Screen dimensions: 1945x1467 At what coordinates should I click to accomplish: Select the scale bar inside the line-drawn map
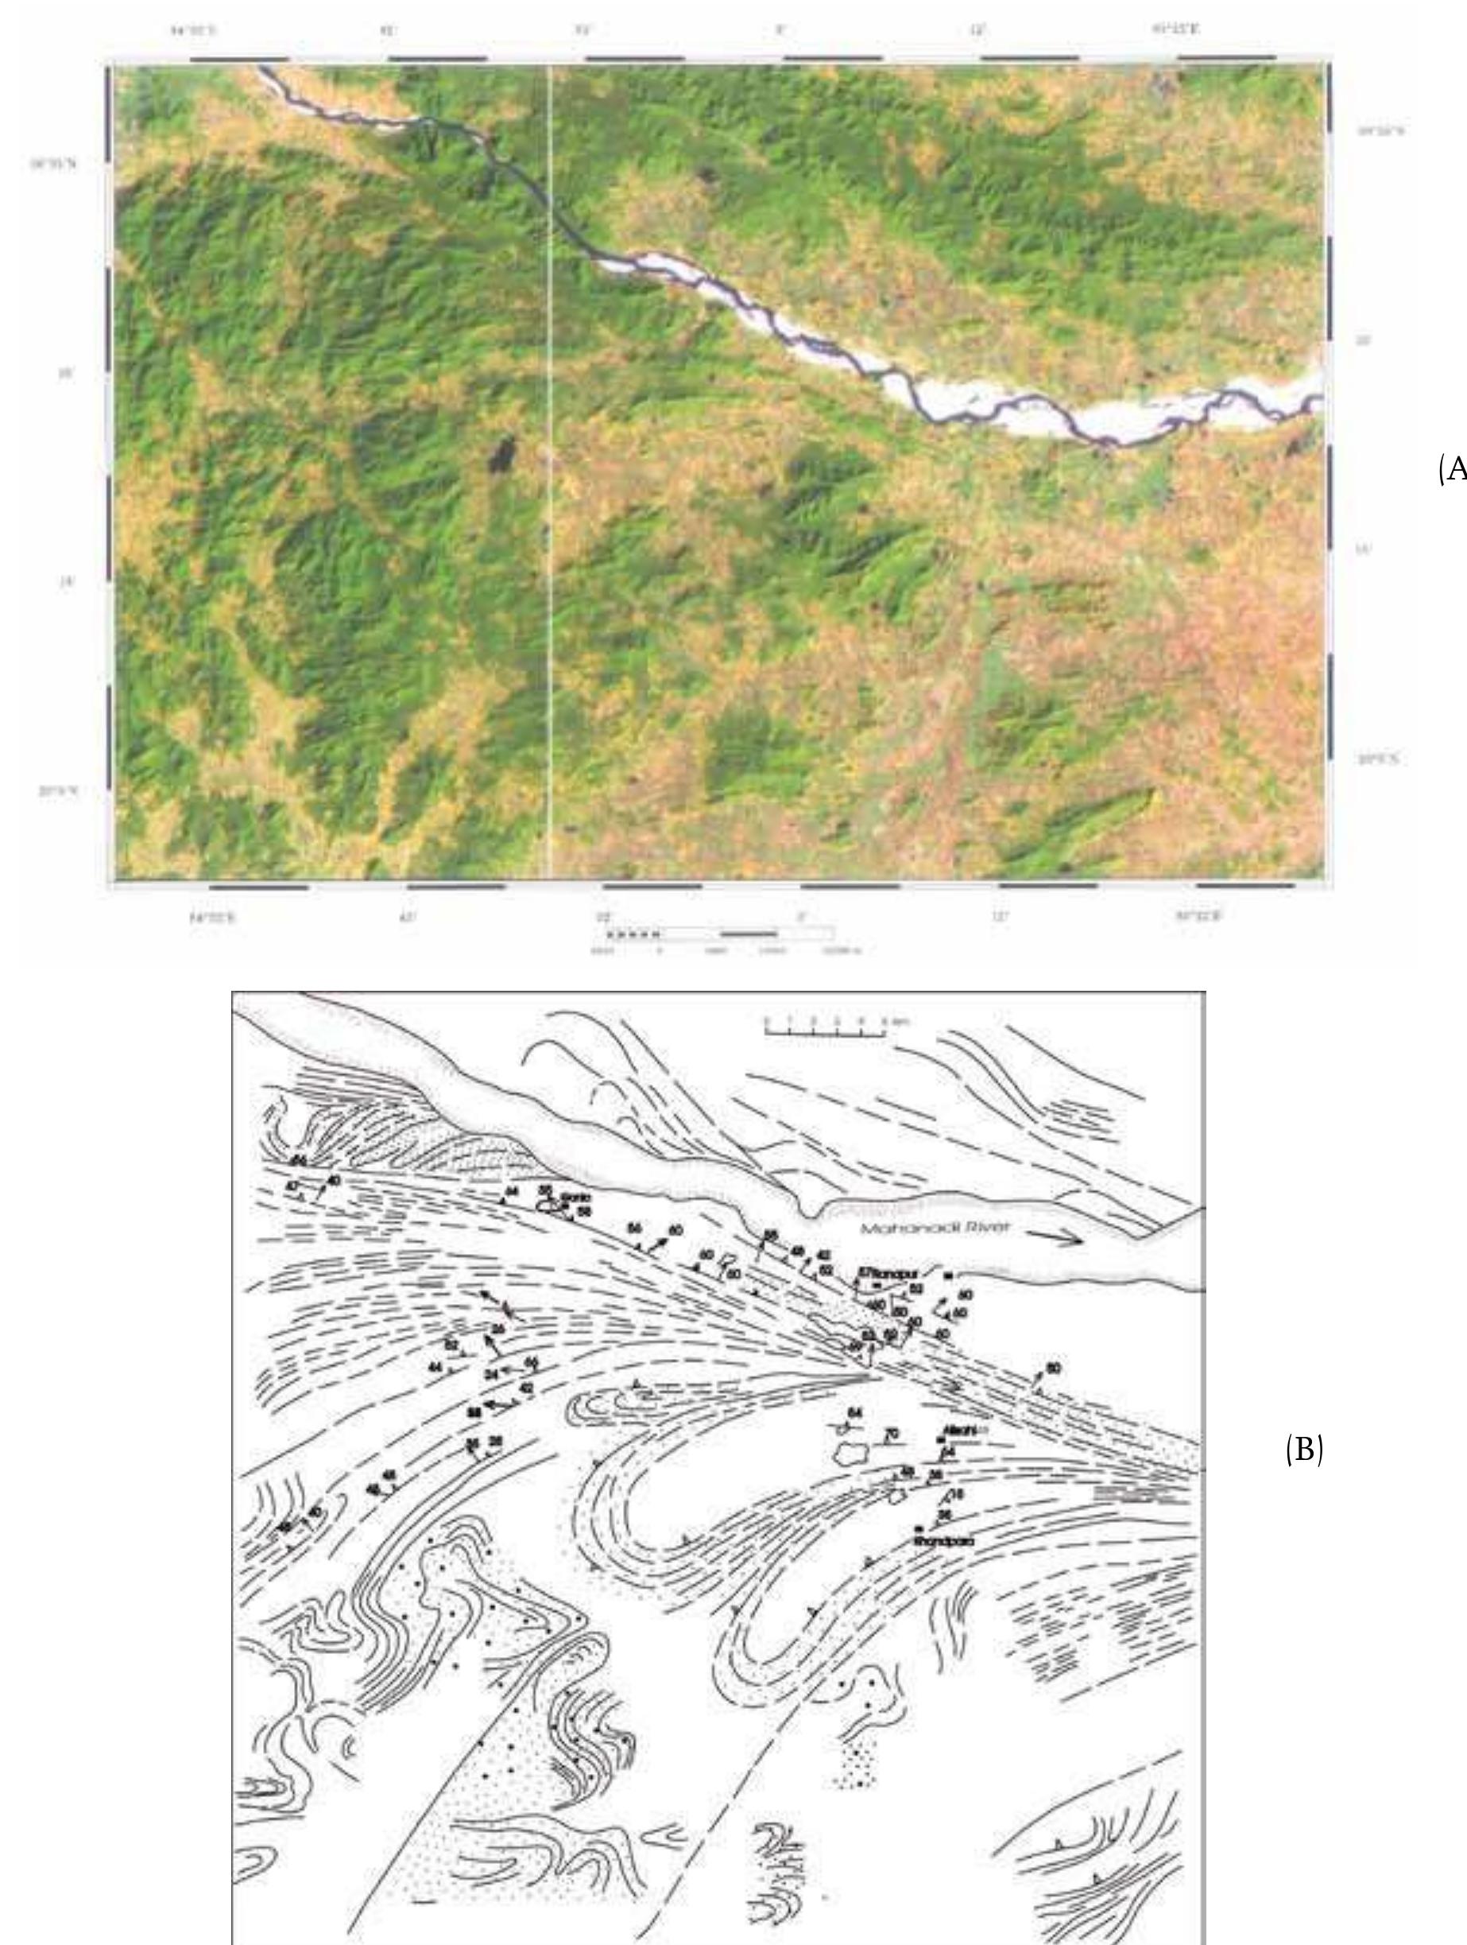[824, 1031]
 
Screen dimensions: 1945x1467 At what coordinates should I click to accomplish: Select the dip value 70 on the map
[892, 1434]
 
